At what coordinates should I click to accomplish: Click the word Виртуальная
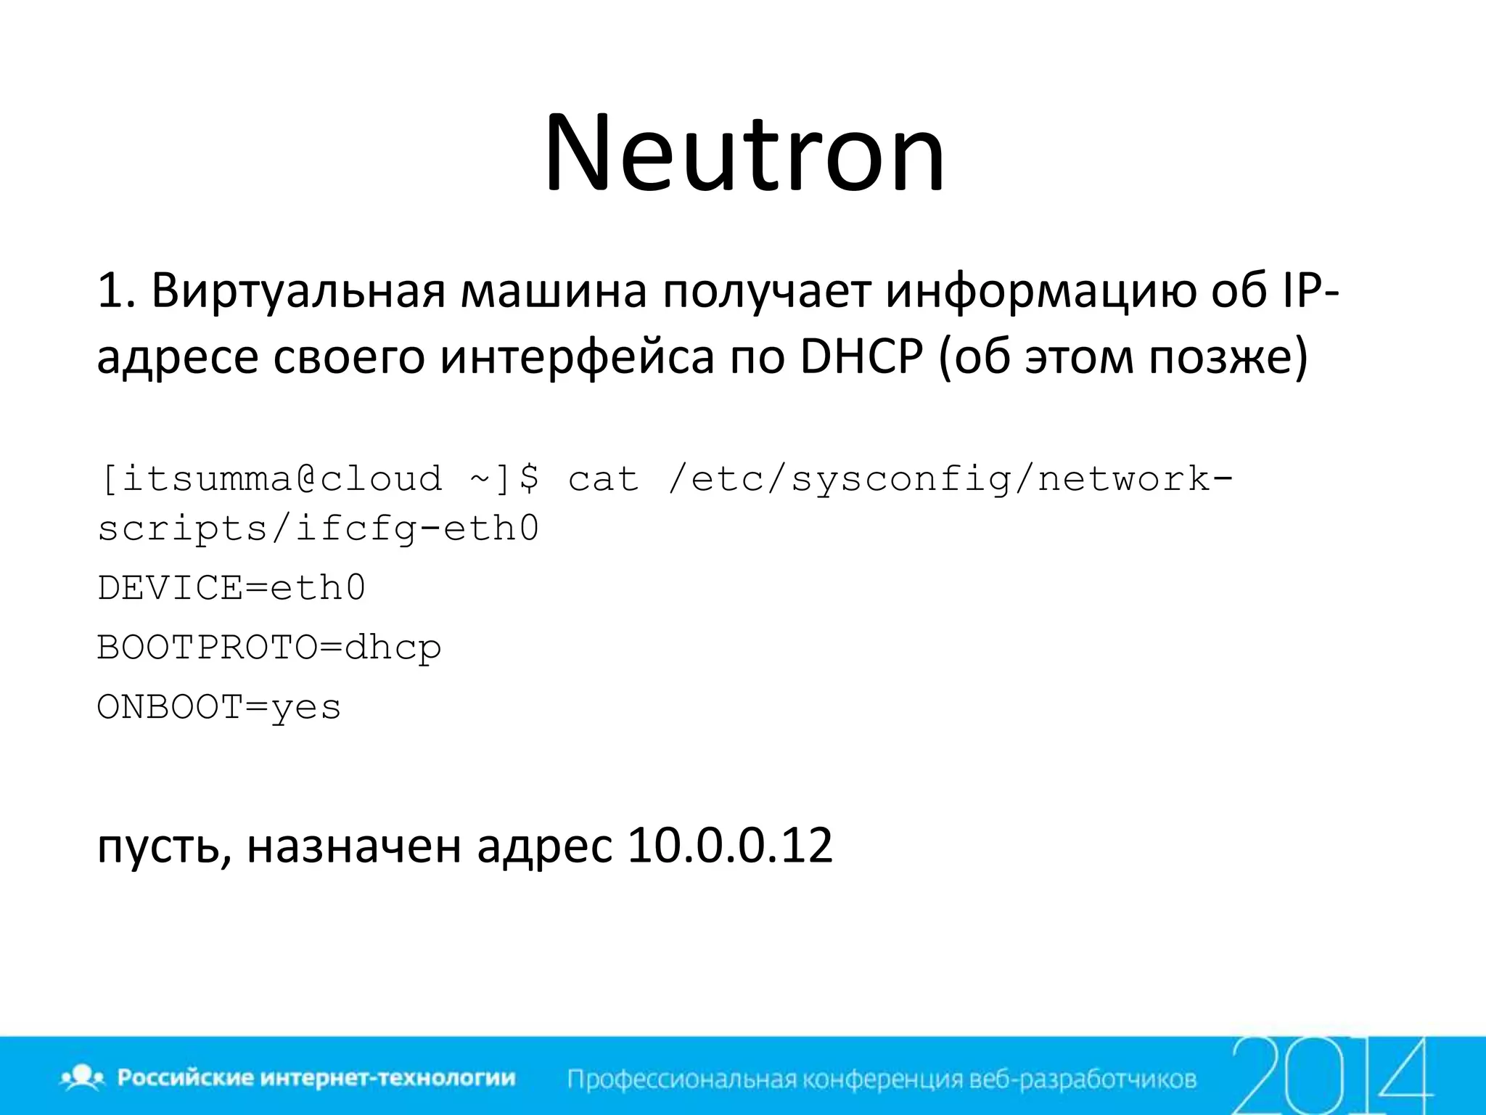(297, 290)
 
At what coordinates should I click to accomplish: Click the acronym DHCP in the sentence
(862, 357)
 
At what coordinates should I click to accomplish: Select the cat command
(603, 479)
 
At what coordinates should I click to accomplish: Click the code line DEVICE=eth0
(231, 588)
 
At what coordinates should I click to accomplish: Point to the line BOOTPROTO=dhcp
(269, 648)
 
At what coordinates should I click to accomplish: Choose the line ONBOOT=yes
(218, 707)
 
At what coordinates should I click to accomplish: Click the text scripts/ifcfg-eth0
(319, 528)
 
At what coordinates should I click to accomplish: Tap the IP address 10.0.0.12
(730, 846)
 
